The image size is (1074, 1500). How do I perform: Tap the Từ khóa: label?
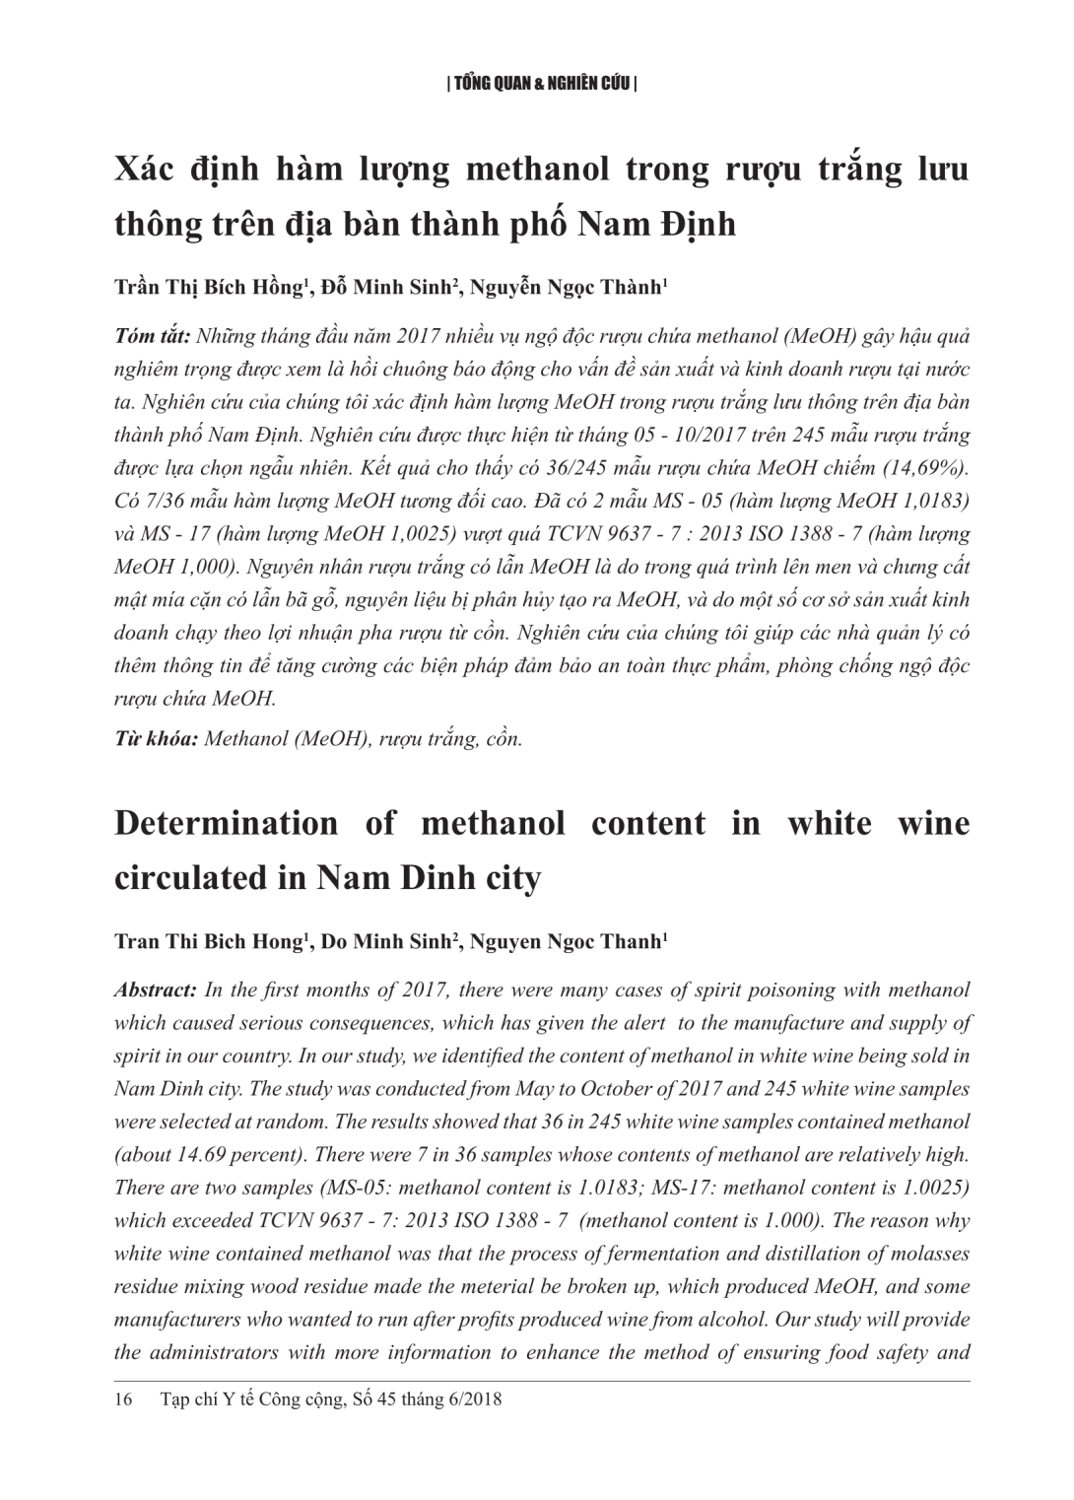[156, 738]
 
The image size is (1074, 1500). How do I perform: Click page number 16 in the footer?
[124, 1398]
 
